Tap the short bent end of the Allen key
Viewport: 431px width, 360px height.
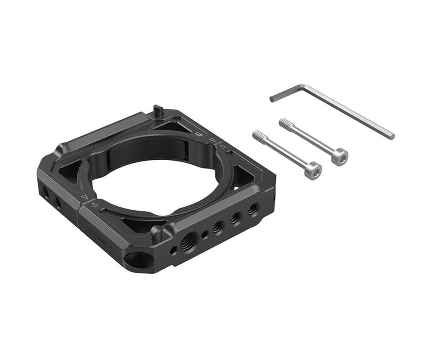pos(273,99)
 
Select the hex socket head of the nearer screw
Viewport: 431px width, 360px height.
pos(313,170)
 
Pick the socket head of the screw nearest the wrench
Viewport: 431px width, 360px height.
pos(340,156)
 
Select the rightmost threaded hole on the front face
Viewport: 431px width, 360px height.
pos(253,210)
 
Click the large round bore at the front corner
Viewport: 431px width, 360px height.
pos(137,260)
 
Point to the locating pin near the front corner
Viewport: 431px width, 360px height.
pos(156,233)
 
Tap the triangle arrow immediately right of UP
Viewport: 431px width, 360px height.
pos(212,140)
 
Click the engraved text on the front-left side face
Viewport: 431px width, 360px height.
pos(100,233)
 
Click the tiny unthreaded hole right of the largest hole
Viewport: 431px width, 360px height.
pos(205,234)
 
